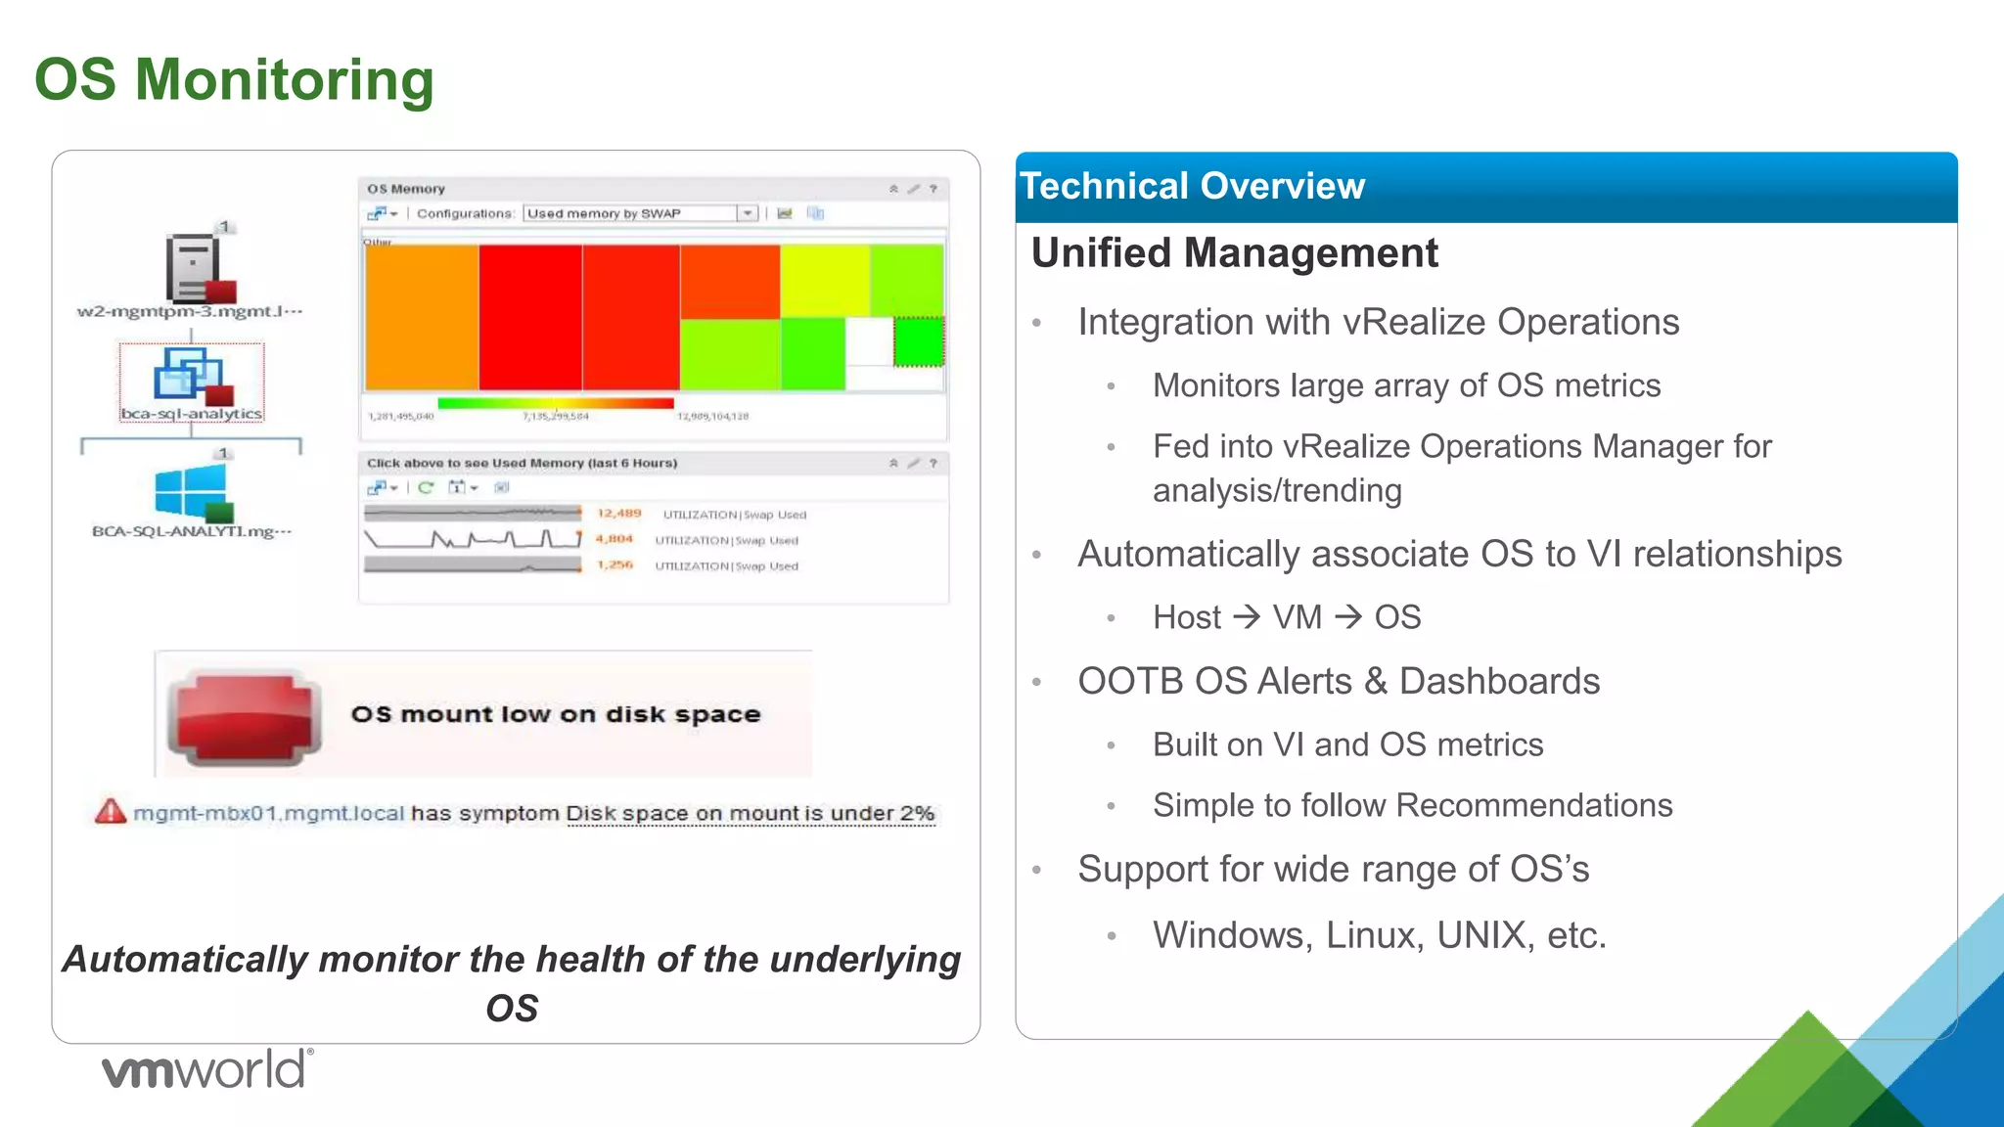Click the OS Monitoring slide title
coord(234,80)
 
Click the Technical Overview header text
coord(1192,186)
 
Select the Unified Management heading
coord(1234,253)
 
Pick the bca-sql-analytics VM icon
coord(192,377)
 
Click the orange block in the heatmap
coord(422,317)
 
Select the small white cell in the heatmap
coord(868,341)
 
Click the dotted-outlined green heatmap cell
coord(919,341)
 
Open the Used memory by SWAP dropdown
coord(748,213)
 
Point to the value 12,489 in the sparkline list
coord(619,514)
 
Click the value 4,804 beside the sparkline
coord(615,539)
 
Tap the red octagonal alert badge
coord(245,717)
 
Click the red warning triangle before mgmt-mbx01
coord(111,812)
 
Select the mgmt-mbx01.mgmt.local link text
coord(269,814)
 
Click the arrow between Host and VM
coord(1247,617)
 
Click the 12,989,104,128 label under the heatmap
coord(712,417)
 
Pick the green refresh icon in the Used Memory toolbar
coord(426,487)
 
